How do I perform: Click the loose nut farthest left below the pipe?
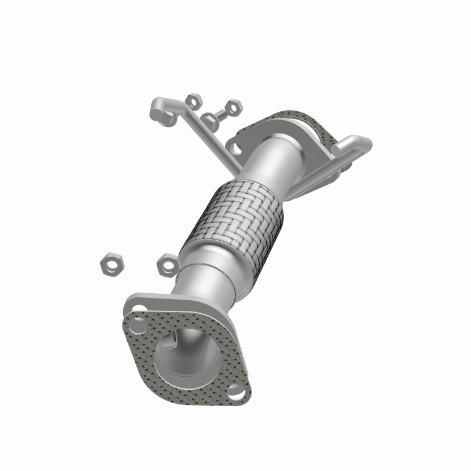pyautogui.click(x=110, y=264)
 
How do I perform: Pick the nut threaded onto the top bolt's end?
pyautogui.click(x=234, y=107)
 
